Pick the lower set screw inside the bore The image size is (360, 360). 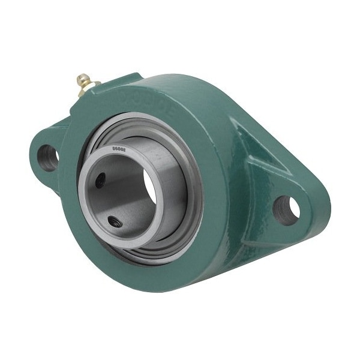[x=114, y=221]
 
